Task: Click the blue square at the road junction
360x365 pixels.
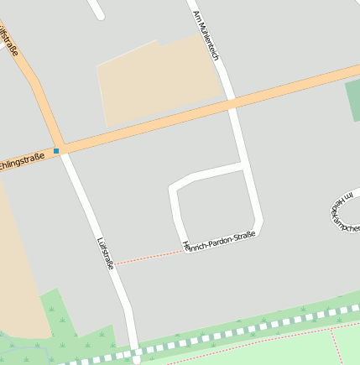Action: pyautogui.click(x=56, y=151)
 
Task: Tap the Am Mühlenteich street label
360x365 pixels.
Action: pyautogui.click(x=206, y=34)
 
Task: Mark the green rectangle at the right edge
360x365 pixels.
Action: pyautogui.click(x=352, y=102)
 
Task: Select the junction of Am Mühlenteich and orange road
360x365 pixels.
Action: pyautogui.click(x=231, y=105)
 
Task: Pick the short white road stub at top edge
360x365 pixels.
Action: pyautogui.click(x=96, y=9)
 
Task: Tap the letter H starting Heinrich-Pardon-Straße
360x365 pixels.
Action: pyautogui.click(x=185, y=245)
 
